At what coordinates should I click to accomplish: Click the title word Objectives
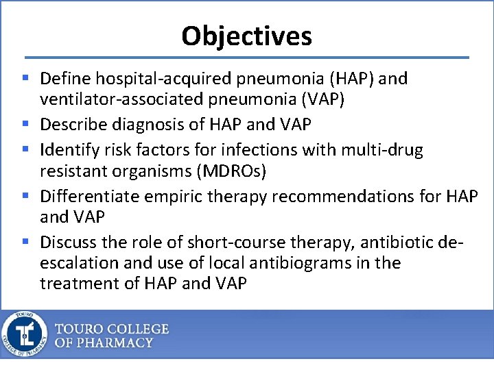[246, 36]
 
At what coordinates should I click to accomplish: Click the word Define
[66, 79]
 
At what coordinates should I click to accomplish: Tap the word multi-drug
[389, 150]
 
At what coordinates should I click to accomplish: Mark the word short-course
[209, 242]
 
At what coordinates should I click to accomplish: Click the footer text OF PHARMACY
[104, 343]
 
